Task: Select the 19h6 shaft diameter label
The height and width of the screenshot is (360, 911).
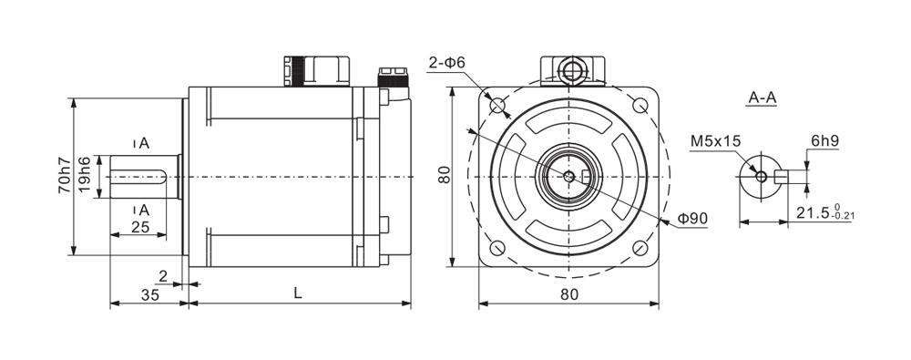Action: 84,176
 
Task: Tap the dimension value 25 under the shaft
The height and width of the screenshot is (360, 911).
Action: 140,227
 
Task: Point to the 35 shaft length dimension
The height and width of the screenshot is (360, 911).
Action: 150,295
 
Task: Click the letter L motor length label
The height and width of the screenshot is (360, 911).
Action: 298,294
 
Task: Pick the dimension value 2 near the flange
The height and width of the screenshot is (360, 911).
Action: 163,276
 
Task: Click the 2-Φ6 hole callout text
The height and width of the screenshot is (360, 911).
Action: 447,62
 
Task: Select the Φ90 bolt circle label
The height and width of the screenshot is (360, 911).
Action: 692,220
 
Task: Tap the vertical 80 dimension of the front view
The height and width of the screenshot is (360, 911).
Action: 445,175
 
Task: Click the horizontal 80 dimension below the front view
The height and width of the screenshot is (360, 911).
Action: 569,294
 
